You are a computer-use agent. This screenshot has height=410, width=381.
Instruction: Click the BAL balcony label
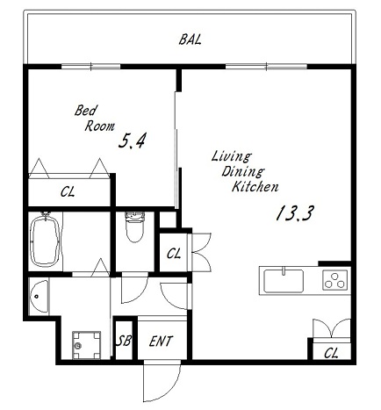190,40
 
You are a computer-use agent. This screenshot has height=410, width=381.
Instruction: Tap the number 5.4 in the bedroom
132,140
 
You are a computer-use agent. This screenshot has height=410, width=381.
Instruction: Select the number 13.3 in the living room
295,213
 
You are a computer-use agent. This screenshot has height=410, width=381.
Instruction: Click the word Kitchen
255,186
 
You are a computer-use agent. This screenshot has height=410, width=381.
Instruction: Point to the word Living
231,156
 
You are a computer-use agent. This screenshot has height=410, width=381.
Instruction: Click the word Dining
243,171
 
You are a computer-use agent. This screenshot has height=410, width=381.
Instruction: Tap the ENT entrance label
161,342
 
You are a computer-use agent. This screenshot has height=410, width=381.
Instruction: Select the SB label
124,341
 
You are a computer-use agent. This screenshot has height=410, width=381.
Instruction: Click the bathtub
46,241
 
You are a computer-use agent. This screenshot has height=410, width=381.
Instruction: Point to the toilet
134,227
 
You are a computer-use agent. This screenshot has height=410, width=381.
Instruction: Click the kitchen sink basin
284,281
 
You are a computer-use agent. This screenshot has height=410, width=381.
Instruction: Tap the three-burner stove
335,280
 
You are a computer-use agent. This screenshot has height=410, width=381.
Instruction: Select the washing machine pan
87,345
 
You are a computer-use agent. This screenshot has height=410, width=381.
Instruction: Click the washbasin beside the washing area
39,297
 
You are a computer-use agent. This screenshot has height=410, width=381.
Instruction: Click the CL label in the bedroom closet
68,192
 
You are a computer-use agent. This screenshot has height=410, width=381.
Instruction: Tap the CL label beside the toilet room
174,254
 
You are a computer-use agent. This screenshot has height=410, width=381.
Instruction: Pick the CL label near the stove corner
331,353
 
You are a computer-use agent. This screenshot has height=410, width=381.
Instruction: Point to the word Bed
85,111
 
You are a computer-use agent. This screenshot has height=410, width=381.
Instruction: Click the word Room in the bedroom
99,126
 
